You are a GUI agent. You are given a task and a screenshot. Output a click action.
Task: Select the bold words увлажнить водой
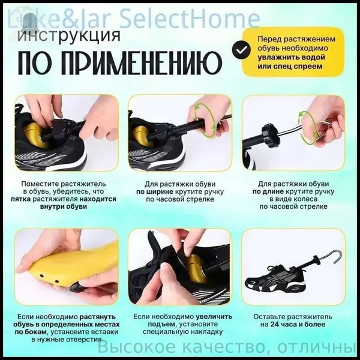pos(291,57)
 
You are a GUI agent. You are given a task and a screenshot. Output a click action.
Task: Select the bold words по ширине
pos(155,191)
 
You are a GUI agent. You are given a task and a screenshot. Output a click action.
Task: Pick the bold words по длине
pos(268,191)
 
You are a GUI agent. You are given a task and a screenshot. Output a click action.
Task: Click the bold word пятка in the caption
pos(20,199)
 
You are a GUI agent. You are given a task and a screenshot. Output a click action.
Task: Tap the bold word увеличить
pos(214,317)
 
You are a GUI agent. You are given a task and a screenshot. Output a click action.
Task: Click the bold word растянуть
pos(98,317)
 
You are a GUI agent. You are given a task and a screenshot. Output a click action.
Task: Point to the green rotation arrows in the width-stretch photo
pos(205,121)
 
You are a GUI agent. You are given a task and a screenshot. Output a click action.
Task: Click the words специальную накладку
pos(182,332)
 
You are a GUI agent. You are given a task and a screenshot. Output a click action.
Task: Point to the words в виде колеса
pos(293,199)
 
